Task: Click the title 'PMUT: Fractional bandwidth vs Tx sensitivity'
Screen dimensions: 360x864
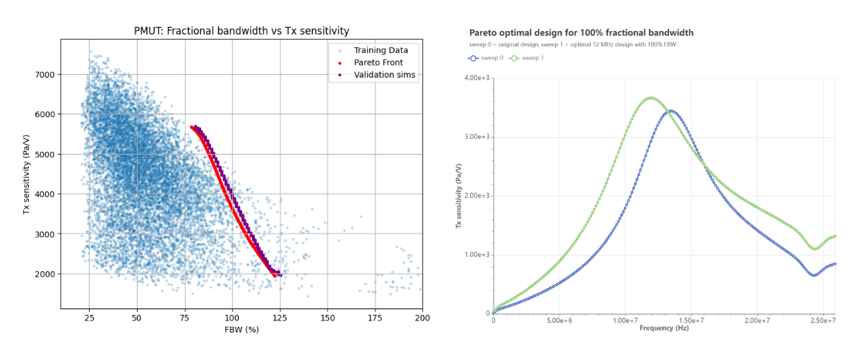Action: (x=241, y=31)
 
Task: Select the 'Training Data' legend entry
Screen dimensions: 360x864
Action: (x=385, y=49)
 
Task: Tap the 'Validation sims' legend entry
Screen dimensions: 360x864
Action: (x=385, y=75)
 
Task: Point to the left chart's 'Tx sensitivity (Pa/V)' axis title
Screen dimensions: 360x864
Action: (x=26, y=173)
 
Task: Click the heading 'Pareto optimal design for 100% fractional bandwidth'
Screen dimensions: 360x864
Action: (x=581, y=32)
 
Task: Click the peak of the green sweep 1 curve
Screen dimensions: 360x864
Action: (x=650, y=98)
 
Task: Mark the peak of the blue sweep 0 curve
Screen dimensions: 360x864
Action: (x=671, y=111)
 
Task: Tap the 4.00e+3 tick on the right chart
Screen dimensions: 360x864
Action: (x=477, y=78)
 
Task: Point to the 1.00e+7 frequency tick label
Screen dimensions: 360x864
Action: (x=625, y=321)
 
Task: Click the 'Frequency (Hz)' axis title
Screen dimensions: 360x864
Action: (x=664, y=328)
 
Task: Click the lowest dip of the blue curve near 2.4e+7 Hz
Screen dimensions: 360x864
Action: (x=814, y=275)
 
